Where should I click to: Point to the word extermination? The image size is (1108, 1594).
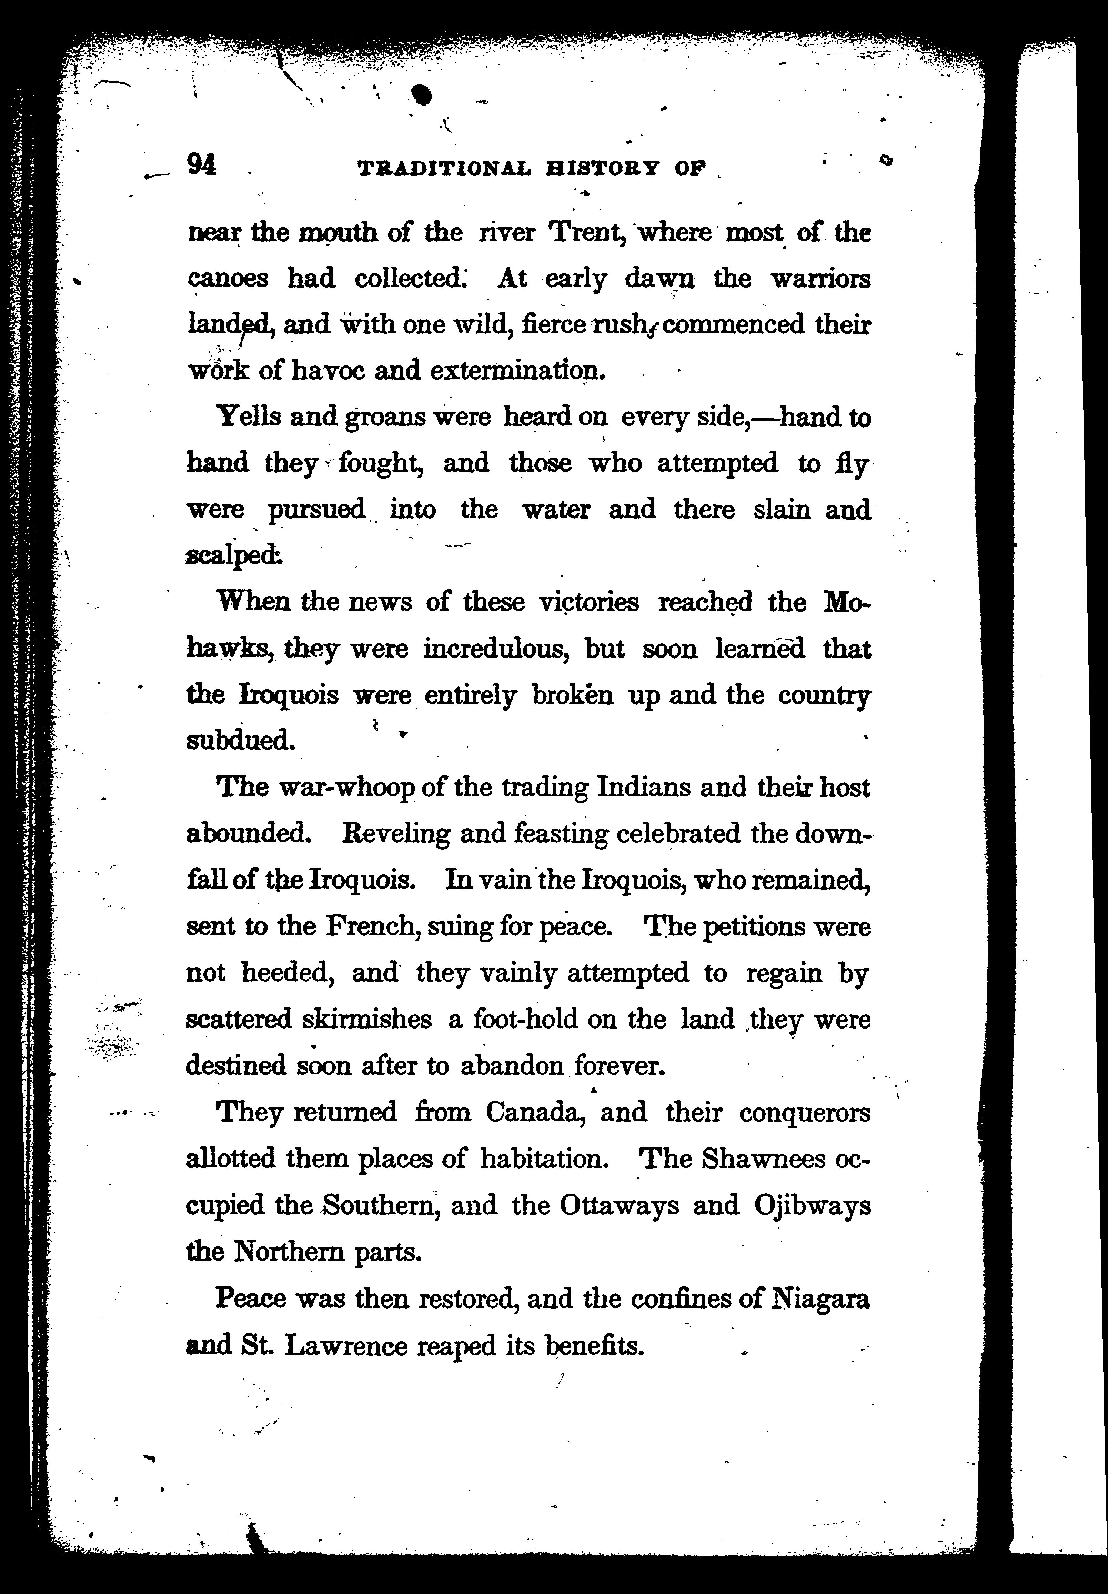pos(514,371)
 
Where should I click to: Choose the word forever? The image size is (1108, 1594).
pos(620,1065)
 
